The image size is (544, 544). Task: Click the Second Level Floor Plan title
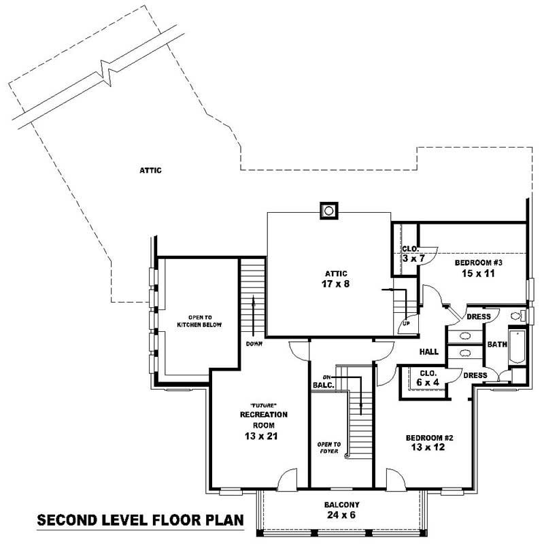(139, 522)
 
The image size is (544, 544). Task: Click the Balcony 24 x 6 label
(341, 511)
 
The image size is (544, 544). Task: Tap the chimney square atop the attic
(329, 210)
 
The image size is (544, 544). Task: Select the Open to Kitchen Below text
(200, 321)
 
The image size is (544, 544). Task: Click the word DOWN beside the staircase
(254, 344)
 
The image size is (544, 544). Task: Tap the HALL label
(428, 352)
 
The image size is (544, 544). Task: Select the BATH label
(496, 345)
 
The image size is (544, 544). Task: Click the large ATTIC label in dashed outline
(151, 171)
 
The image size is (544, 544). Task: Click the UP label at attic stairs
(407, 323)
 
